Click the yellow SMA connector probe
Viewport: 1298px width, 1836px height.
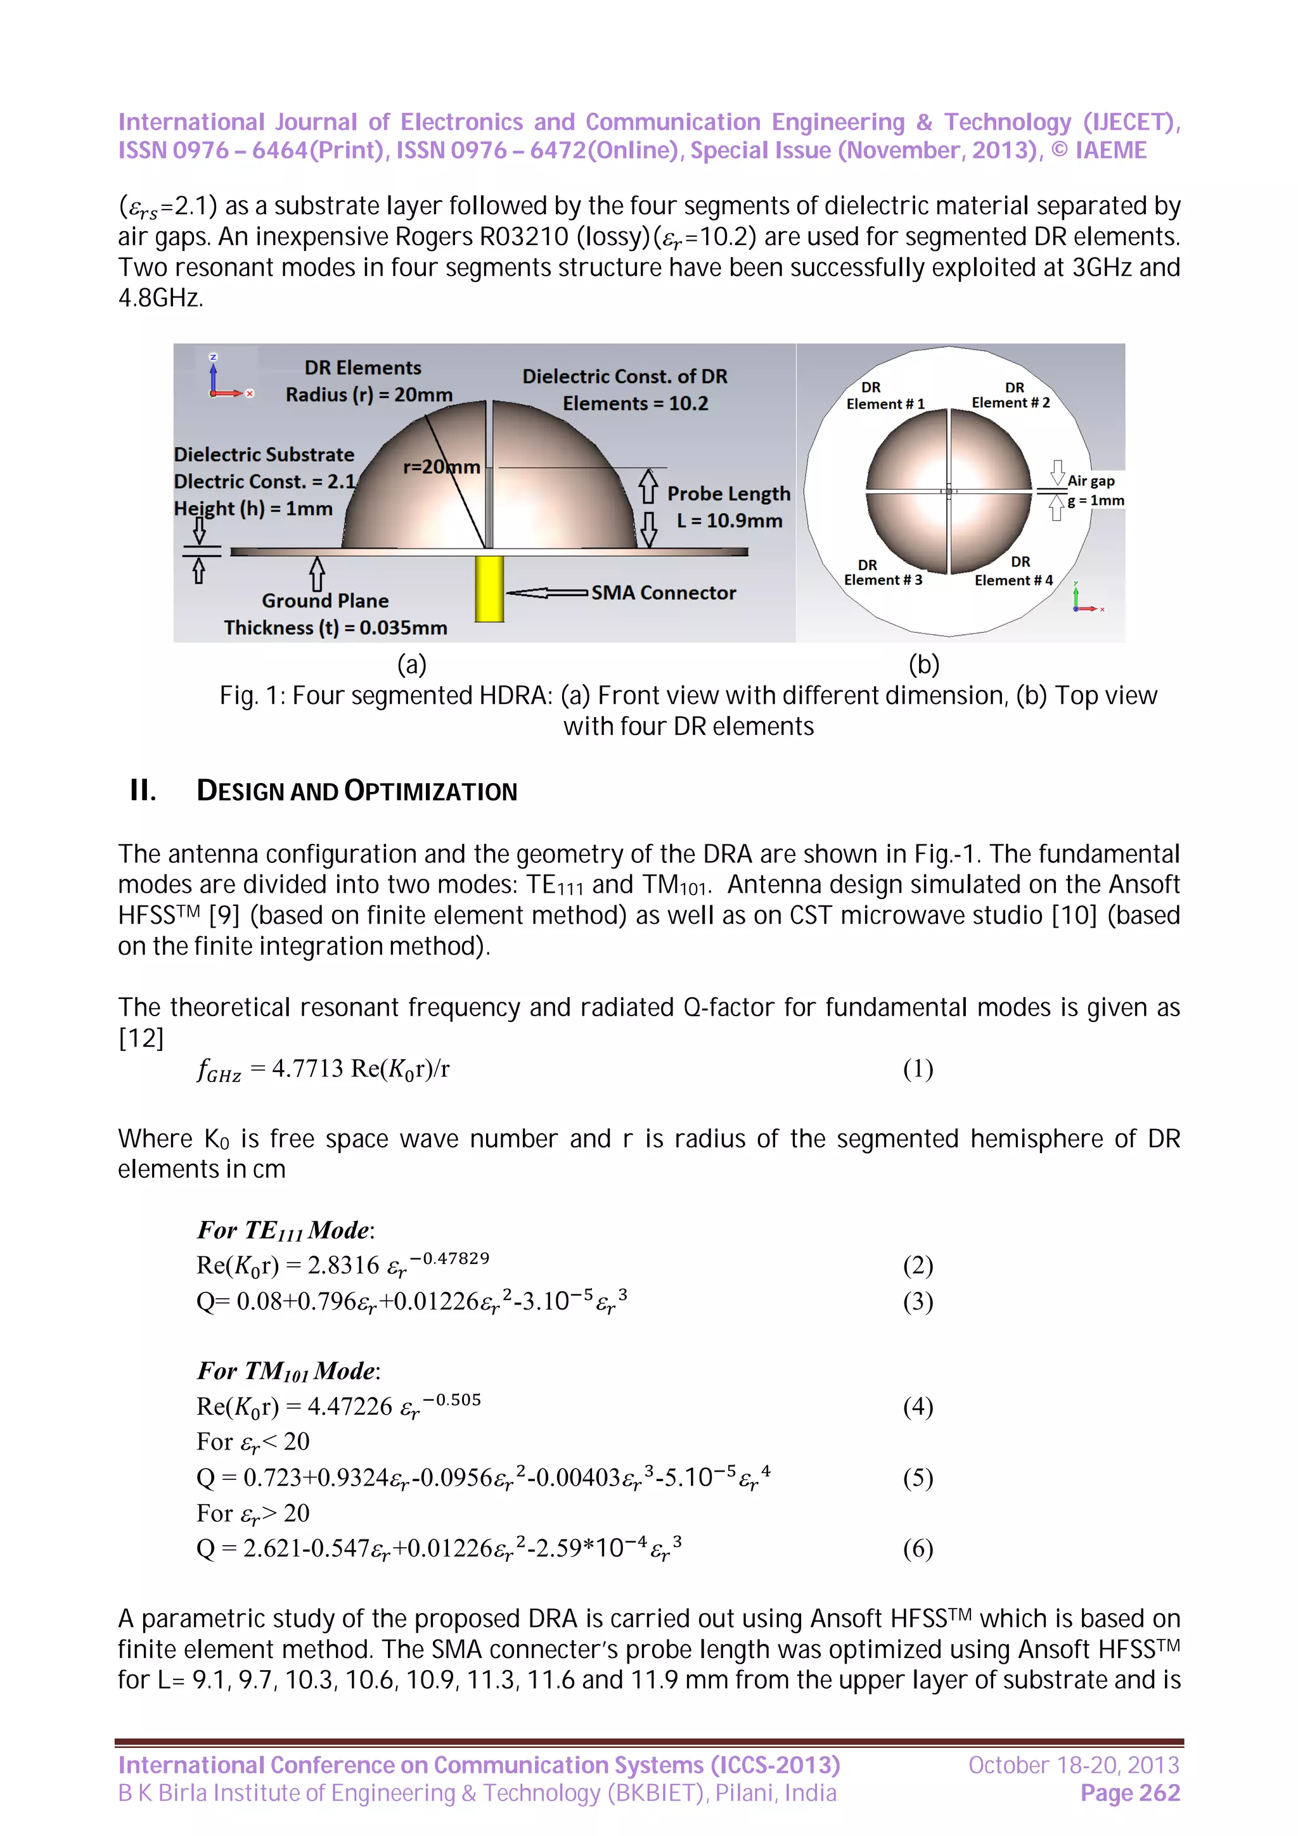pyautogui.click(x=489, y=589)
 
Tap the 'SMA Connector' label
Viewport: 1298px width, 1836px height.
pyautogui.click(x=663, y=592)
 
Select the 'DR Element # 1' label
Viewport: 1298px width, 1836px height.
pyautogui.click(x=885, y=396)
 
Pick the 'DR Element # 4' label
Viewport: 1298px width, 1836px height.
pyautogui.click(x=1013, y=571)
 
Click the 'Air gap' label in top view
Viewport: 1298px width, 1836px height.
pyautogui.click(x=1091, y=481)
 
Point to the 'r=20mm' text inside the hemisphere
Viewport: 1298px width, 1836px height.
pyautogui.click(x=442, y=466)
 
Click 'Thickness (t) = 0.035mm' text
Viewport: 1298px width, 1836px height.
pyautogui.click(x=335, y=628)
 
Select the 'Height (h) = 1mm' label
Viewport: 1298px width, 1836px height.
pyautogui.click(x=253, y=509)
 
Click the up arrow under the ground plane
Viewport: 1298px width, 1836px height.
pyautogui.click(x=318, y=573)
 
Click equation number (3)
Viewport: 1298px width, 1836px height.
pyautogui.click(x=917, y=1302)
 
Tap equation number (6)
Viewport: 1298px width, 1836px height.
pyautogui.click(x=917, y=1549)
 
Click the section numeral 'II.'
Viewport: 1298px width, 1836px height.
pyautogui.click(x=143, y=791)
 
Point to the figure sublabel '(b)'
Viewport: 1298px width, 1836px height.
pyautogui.click(x=923, y=664)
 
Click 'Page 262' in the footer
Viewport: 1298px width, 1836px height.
pyautogui.click(x=1129, y=1793)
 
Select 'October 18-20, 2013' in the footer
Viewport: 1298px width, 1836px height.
pyautogui.click(x=1073, y=1765)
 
